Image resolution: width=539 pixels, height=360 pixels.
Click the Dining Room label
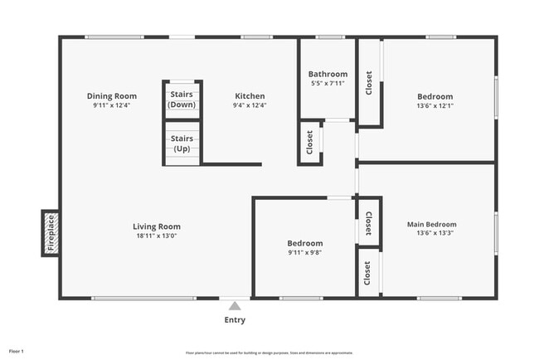click(112, 96)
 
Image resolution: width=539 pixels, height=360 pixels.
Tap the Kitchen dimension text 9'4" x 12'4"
click(250, 105)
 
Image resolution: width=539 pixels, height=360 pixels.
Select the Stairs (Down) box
click(182, 100)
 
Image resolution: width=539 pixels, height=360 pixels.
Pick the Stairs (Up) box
click(182, 143)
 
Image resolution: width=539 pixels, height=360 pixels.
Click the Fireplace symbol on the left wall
click(50, 233)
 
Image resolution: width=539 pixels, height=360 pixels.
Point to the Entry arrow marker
click(236, 306)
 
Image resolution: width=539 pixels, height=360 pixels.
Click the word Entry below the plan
click(236, 320)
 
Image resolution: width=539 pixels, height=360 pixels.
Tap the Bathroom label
click(328, 74)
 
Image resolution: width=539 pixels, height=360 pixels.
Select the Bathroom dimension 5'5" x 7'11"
click(328, 83)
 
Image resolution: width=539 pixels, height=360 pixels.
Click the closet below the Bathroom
click(310, 142)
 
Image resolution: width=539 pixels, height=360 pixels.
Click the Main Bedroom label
click(431, 224)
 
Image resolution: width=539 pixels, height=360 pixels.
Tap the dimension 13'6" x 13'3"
click(431, 233)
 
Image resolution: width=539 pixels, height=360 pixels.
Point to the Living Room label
click(157, 226)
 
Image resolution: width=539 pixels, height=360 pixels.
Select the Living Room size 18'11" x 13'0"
click(157, 236)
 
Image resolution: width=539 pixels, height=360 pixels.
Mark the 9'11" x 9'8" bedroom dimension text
click(304, 252)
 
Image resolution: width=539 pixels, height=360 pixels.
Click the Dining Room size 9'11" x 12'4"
click(112, 105)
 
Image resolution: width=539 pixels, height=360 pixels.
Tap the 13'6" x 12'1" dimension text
click(435, 105)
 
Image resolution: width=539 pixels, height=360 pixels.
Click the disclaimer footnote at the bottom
click(269, 353)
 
